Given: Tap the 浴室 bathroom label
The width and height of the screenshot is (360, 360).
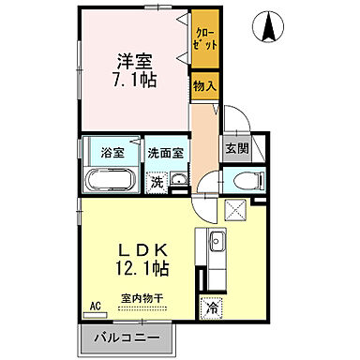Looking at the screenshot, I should click(99, 152).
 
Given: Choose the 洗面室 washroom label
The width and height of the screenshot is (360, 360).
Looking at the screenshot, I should click(165, 152).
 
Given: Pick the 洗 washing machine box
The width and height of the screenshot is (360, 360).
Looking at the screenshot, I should click(157, 182).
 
